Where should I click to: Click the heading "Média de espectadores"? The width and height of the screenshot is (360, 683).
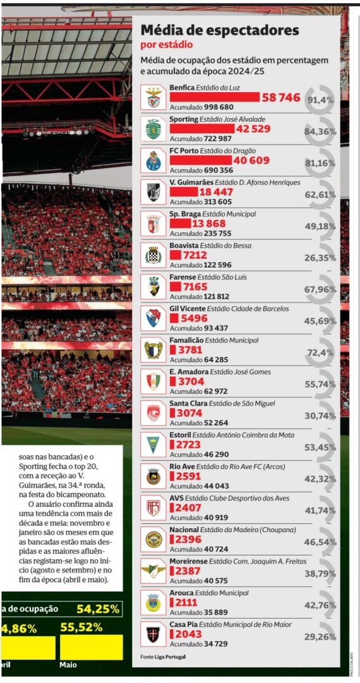click(219, 30)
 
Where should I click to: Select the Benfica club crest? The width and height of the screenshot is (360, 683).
click(153, 97)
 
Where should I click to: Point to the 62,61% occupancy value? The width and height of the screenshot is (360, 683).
click(320, 194)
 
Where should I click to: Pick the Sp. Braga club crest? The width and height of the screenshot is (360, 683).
click(153, 223)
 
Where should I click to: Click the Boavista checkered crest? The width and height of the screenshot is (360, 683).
click(153, 255)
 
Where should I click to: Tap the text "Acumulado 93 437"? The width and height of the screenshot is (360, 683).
click(199, 328)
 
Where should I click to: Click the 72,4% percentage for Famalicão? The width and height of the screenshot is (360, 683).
click(320, 352)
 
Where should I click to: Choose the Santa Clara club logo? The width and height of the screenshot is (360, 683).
click(153, 413)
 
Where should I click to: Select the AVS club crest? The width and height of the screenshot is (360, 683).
click(153, 508)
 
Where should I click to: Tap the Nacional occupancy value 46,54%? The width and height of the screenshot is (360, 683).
click(320, 542)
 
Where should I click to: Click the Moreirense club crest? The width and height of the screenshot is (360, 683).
click(153, 571)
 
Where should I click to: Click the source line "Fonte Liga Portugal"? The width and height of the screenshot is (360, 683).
click(163, 657)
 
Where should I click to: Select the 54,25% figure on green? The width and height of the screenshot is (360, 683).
click(98, 609)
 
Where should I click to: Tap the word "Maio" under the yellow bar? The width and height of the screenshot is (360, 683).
click(68, 665)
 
